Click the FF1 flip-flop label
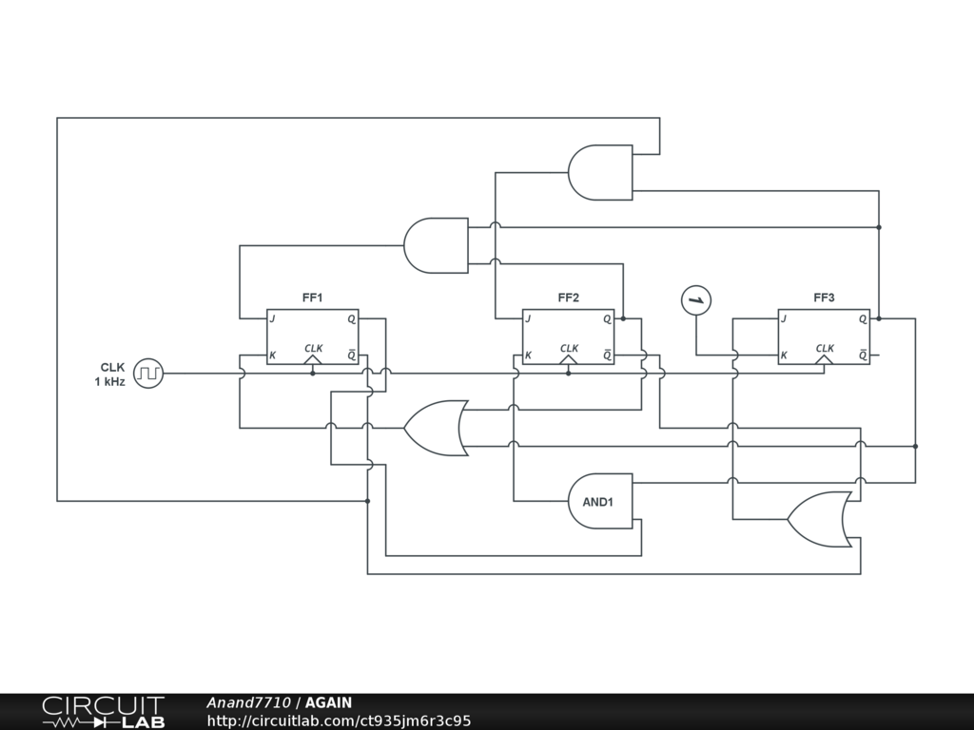312,298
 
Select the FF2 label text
569,298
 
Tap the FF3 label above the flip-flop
824,298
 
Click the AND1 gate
600,501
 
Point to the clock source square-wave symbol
148,374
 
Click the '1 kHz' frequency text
109,382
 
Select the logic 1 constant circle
696,301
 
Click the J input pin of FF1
273,319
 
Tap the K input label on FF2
529,356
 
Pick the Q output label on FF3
863,319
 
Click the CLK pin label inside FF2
569,349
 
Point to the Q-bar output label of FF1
351,356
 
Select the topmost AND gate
600,173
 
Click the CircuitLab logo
103,712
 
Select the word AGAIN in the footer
328,703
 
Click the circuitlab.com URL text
339,721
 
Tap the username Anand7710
248,703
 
